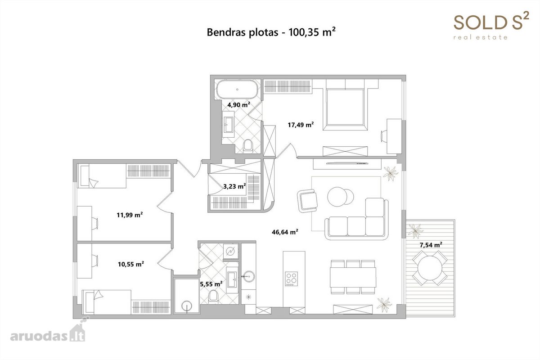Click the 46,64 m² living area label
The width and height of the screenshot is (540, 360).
285,232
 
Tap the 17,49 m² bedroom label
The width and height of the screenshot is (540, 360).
301,125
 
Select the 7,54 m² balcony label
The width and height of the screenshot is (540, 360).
431,245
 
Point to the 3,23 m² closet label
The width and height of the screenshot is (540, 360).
234,186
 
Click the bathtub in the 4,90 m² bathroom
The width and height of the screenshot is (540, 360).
237,89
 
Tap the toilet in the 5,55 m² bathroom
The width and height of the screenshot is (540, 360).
213,296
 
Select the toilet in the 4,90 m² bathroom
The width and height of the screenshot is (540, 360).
248,146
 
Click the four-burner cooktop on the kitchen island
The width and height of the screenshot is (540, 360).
291,279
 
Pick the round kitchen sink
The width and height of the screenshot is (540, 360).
248,275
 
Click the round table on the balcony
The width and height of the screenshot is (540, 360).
430,268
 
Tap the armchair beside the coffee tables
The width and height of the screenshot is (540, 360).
307,201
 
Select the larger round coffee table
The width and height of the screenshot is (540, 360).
337,197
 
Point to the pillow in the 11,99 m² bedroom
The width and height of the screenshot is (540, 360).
94,183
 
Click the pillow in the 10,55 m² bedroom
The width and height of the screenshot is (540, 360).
98,295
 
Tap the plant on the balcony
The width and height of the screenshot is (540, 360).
415,231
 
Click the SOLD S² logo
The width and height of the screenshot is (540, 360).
491,25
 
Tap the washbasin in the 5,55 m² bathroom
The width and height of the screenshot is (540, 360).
232,280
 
